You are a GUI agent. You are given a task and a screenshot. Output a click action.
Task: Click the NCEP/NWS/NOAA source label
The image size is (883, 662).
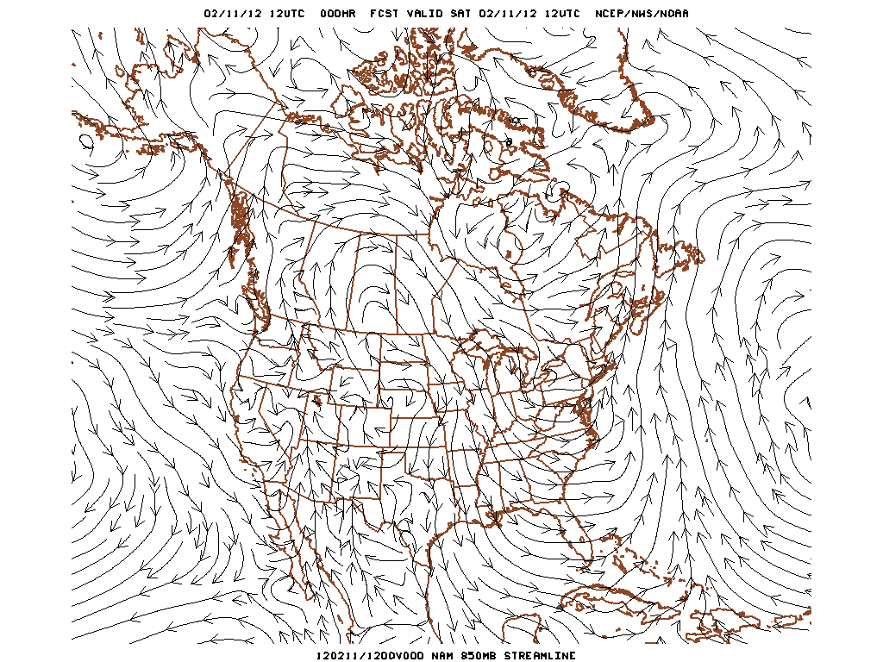tap(642, 14)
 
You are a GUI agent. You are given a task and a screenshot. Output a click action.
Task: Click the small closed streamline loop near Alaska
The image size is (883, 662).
tap(86, 140)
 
